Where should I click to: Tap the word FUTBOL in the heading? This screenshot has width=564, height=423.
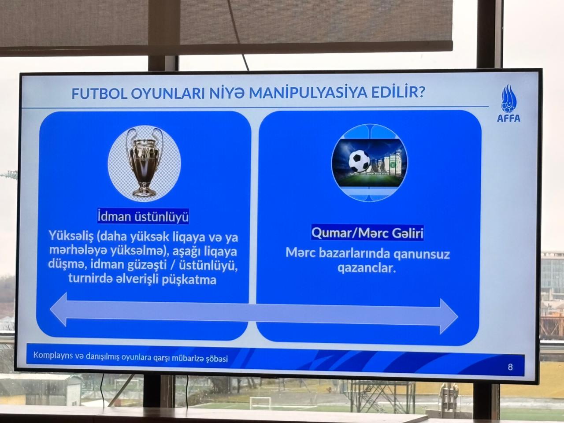[x=99, y=93]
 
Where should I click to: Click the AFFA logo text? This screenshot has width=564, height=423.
[x=508, y=118]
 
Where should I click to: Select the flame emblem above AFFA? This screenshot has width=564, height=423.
[x=508, y=99]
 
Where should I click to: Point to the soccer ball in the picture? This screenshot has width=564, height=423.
[x=359, y=161]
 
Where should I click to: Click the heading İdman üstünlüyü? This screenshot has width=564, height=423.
[x=143, y=216]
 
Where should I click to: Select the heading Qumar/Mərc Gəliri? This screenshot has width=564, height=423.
[x=367, y=233]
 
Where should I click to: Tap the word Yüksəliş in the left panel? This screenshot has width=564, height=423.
[x=70, y=237]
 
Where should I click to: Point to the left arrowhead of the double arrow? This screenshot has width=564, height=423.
[x=58, y=309]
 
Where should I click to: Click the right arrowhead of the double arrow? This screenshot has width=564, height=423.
[x=449, y=316]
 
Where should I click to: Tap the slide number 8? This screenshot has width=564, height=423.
[x=510, y=367]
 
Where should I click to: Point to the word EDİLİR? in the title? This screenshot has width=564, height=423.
[x=398, y=93]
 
